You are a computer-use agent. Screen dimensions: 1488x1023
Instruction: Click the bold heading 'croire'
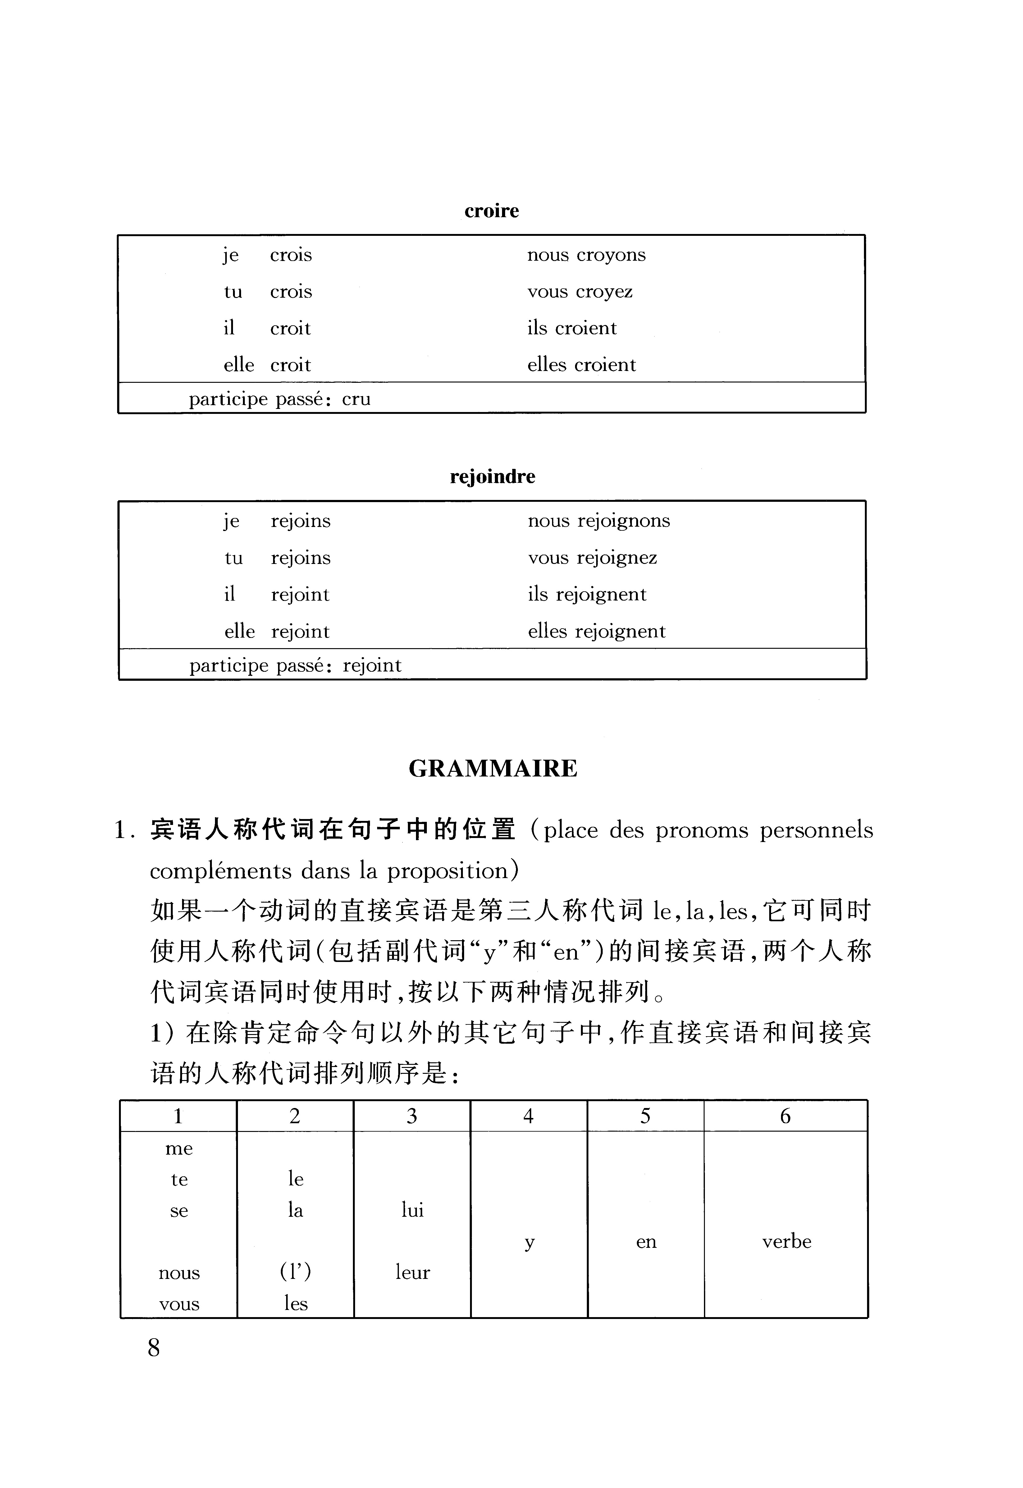pos(492,211)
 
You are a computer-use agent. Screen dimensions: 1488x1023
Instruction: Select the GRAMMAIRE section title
pos(493,768)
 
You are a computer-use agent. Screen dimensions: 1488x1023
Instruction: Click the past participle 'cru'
pos(356,399)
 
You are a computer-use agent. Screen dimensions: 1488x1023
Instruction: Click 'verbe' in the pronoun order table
pos(787,1242)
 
